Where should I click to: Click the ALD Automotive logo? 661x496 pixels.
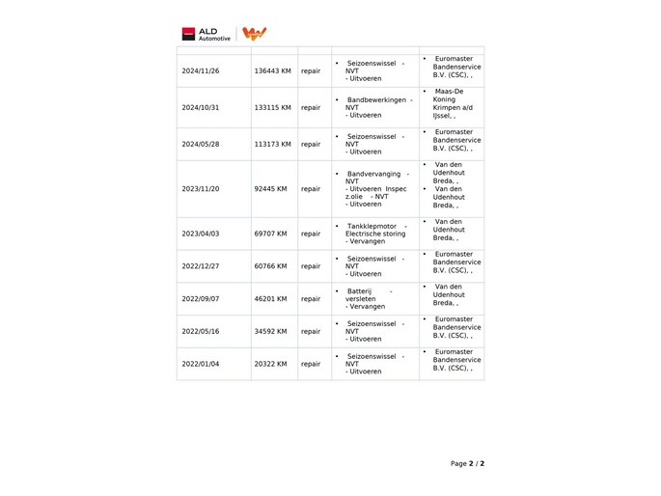[x=206, y=34]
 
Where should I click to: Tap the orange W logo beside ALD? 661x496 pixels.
[x=254, y=34]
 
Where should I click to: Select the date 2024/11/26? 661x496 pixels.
[x=201, y=71]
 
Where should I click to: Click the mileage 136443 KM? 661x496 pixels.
[x=272, y=71]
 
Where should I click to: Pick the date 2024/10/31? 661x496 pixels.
[x=201, y=107]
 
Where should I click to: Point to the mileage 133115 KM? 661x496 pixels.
[x=272, y=107]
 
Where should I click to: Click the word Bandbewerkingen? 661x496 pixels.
[x=375, y=99]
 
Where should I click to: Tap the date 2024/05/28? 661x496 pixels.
[x=201, y=144]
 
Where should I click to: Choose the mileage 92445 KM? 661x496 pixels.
[x=270, y=189]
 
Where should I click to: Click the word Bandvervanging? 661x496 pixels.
[x=372, y=174]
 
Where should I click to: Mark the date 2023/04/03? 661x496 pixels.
[x=201, y=234]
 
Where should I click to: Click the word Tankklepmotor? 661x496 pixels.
[x=372, y=226]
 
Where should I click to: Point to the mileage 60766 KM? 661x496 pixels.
[x=270, y=266]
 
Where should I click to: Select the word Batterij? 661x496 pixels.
[x=360, y=291]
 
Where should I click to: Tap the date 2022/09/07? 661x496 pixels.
[x=201, y=299]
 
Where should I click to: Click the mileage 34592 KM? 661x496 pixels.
[x=270, y=331]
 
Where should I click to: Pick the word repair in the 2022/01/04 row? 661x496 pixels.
[x=311, y=364]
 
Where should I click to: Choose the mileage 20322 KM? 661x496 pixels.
[x=270, y=364]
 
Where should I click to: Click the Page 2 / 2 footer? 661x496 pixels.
[x=467, y=464]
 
